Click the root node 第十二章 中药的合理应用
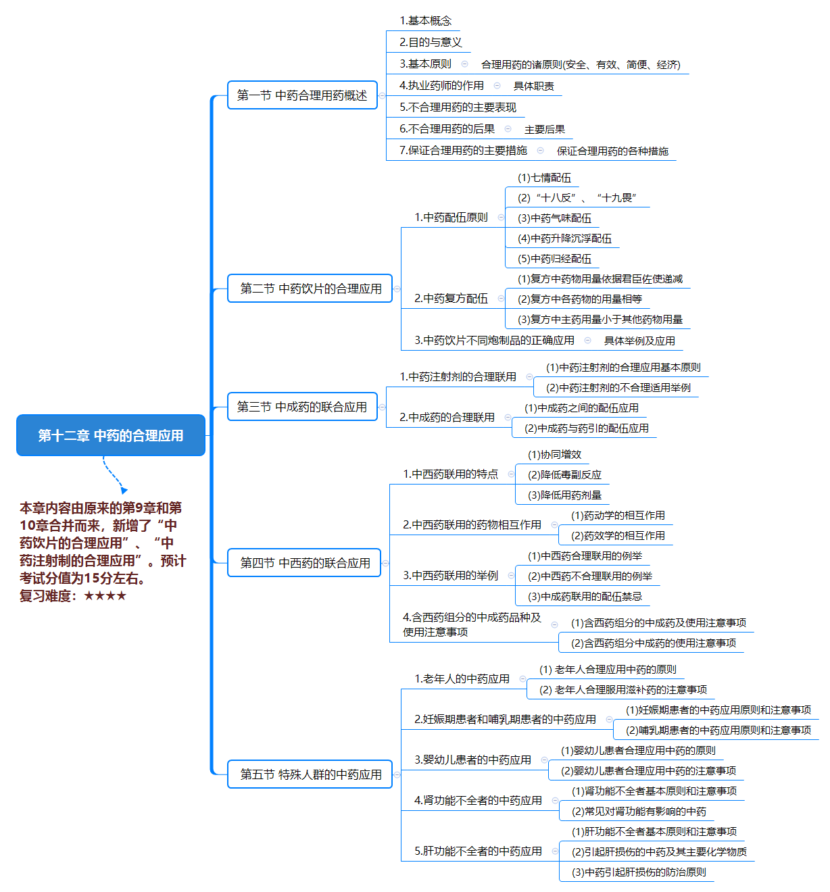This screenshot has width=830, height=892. tap(111, 435)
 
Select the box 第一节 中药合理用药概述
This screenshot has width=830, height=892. tap(302, 95)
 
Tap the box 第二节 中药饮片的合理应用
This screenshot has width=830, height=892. tap(310, 289)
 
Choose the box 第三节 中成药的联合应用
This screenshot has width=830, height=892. tap(302, 407)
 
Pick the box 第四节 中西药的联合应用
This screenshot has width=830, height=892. tap(304, 563)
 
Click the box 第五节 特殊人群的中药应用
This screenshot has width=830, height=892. tap(310, 774)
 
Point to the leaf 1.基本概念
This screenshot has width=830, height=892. tap(426, 21)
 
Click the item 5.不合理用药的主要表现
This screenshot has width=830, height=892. tap(458, 107)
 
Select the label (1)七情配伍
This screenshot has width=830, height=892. tap(544, 178)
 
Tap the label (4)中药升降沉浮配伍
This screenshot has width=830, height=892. tap(564, 239)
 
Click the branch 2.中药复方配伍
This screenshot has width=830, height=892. tap(451, 298)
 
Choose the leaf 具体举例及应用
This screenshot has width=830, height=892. tap(639, 341)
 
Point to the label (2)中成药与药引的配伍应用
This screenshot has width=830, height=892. tap(587, 428)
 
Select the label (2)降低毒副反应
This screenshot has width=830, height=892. tap(564, 475)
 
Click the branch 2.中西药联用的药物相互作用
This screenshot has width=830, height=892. tap(472, 524)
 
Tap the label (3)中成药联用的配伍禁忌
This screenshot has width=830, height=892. tap(585, 597)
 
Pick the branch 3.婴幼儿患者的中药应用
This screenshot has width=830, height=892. tap(472, 760)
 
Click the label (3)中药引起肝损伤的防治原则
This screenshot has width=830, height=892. tap(639, 872)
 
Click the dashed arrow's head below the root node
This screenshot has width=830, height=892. tap(124, 491)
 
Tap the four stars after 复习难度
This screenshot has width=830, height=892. tap(105, 596)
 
